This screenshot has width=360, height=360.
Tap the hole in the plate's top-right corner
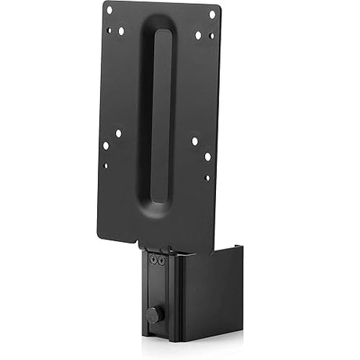click(212, 14)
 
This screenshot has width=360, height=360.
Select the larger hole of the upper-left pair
click(121, 31)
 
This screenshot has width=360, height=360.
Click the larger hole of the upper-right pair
click(198, 35)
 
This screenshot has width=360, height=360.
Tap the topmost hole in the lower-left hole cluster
click(118, 134)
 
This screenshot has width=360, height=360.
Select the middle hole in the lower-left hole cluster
click(106, 146)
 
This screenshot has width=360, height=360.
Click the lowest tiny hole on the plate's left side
click(106, 165)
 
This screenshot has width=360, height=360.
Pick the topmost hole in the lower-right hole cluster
click(195, 141)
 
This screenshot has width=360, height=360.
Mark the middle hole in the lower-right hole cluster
click(207, 156)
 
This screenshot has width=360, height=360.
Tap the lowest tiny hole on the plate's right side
click(207, 177)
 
